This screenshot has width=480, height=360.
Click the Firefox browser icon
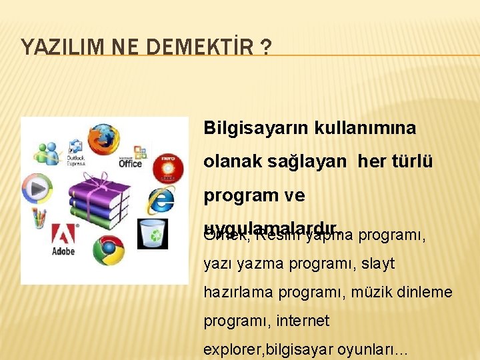[103, 137]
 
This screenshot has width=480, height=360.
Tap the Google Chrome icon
[107, 251]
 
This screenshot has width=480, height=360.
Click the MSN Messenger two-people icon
[47, 154]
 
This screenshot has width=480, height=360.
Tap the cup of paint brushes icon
[39, 218]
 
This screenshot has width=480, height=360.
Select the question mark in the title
[266, 47]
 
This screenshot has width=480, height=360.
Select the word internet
[303, 321]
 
